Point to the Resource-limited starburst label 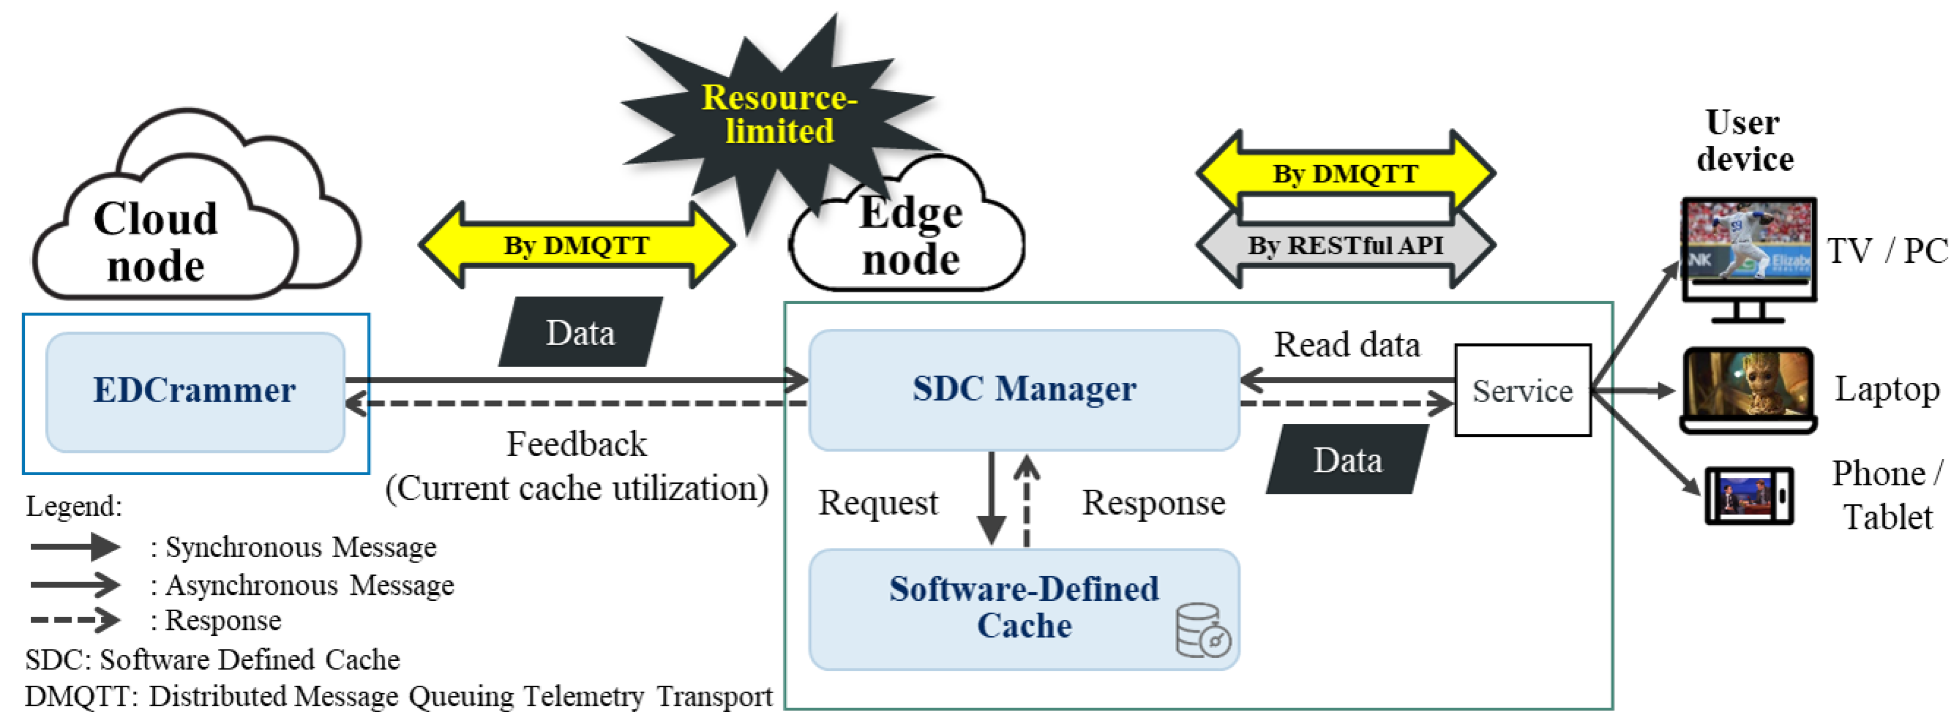[x=779, y=114]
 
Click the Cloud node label [x=156, y=241]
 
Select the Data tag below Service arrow [x=1347, y=459]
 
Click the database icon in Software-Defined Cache [x=1202, y=631]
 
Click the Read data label [x=1346, y=345]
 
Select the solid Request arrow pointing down [x=991, y=498]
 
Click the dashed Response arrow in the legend [x=75, y=620]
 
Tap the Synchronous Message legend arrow [x=75, y=546]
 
